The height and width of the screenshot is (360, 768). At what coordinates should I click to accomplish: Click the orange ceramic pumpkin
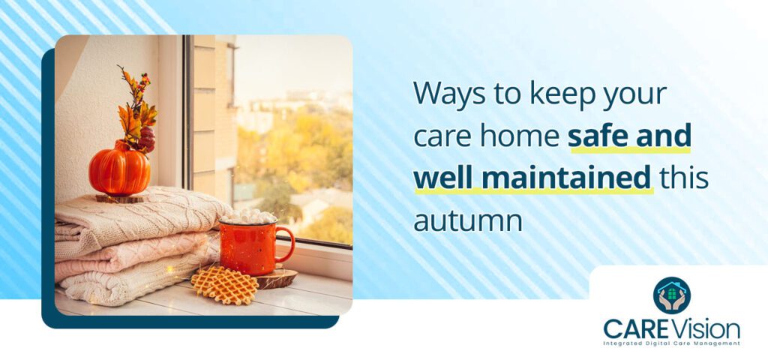(119, 169)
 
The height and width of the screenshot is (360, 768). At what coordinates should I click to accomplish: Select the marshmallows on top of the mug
(247, 217)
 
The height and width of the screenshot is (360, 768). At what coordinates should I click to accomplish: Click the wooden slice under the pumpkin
(119, 198)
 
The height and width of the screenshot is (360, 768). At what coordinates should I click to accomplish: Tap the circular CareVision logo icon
(671, 295)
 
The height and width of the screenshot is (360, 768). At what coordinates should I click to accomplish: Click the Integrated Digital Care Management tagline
(671, 343)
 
